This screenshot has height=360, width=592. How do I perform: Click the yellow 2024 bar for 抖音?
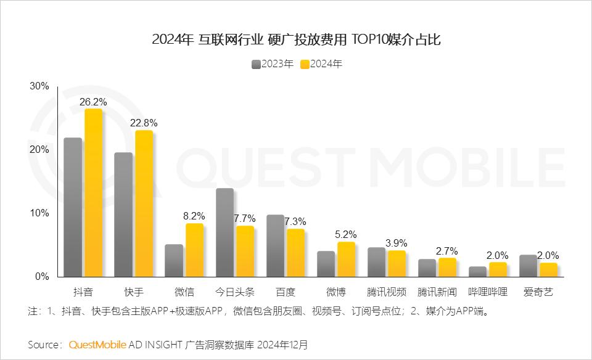point(93,193)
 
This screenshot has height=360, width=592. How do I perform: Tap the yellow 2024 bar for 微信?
point(194,250)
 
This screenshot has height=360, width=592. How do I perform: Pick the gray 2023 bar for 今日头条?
point(224,232)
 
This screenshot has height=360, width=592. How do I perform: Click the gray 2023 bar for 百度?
point(275,246)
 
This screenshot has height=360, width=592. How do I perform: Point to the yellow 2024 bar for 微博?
point(346,259)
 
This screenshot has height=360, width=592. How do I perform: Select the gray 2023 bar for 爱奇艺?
point(528,266)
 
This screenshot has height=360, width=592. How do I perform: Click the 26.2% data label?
point(93,101)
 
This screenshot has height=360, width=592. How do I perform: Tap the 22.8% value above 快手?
point(144,123)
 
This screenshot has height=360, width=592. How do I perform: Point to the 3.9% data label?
point(397,243)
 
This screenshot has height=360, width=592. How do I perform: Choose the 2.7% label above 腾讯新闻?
point(447,250)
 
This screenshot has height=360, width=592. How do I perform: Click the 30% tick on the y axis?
point(39,86)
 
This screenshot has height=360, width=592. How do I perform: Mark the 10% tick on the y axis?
point(39,213)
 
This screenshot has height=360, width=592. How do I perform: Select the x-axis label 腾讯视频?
point(387,292)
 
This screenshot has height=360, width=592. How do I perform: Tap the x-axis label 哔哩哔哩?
point(488,292)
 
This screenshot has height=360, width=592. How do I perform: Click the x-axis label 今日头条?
point(235,292)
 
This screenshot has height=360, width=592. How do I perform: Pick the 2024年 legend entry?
point(321,64)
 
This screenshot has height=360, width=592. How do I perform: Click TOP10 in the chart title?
point(367,41)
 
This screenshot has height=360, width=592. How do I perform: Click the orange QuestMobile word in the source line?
point(97,344)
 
